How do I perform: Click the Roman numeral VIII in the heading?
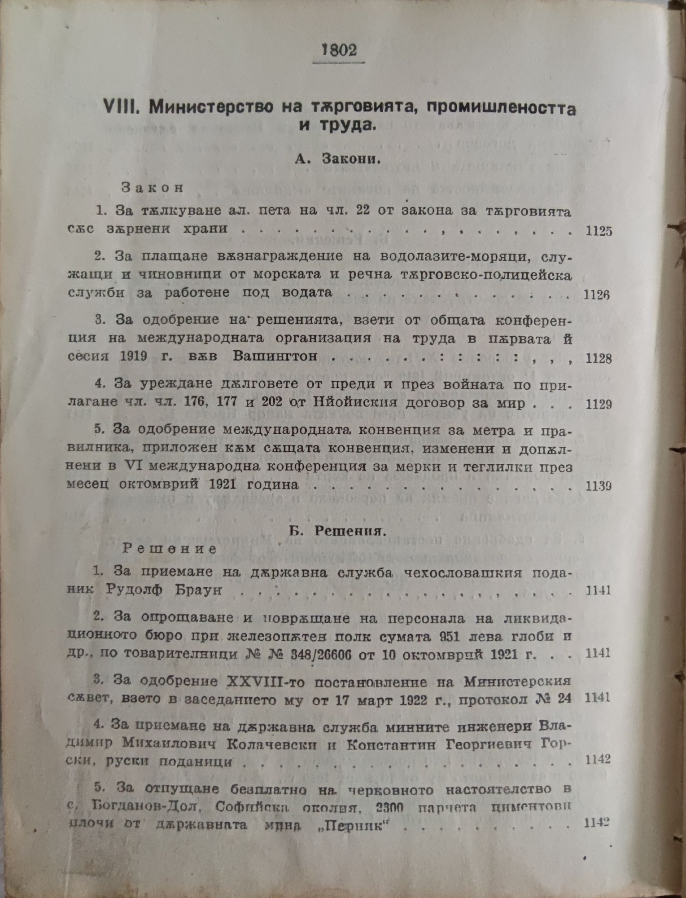click(118, 107)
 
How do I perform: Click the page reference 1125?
click(599, 231)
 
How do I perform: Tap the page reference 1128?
click(599, 358)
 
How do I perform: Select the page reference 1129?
click(599, 404)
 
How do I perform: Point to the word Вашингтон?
click(275, 356)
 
